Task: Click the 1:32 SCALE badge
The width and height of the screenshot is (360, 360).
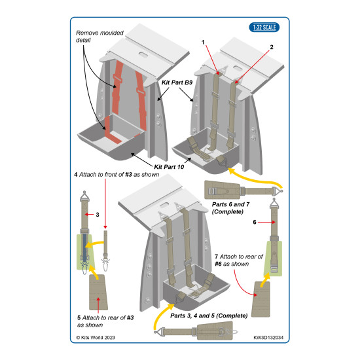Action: coord(264,27)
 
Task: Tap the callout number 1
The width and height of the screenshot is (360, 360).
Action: coord(203,43)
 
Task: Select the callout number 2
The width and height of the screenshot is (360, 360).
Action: coord(272,47)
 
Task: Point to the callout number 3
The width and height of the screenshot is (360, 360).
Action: coord(98,215)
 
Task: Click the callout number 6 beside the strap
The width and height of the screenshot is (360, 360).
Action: coord(255,222)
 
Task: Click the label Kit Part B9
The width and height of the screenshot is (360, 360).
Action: coord(177,82)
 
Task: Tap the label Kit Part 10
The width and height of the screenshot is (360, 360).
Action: coord(169,167)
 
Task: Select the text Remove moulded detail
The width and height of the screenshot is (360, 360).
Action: coord(99,37)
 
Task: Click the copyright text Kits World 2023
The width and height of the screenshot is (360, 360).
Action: coord(96,338)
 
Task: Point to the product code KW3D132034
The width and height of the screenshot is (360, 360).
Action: coord(268,338)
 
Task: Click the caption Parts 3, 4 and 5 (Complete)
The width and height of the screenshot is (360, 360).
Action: coord(209,316)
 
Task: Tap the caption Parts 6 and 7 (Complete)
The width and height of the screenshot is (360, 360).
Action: coord(230,207)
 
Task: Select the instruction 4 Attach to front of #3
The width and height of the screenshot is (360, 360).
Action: coord(117,175)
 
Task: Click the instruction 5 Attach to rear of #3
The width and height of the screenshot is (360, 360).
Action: coord(105,321)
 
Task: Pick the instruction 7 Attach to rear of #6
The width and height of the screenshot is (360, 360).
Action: coord(238,260)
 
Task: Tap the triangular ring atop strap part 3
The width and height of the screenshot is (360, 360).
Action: coord(84,196)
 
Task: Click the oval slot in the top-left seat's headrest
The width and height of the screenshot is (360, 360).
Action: coord(143,54)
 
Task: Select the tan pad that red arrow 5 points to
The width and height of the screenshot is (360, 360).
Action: coord(98,292)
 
